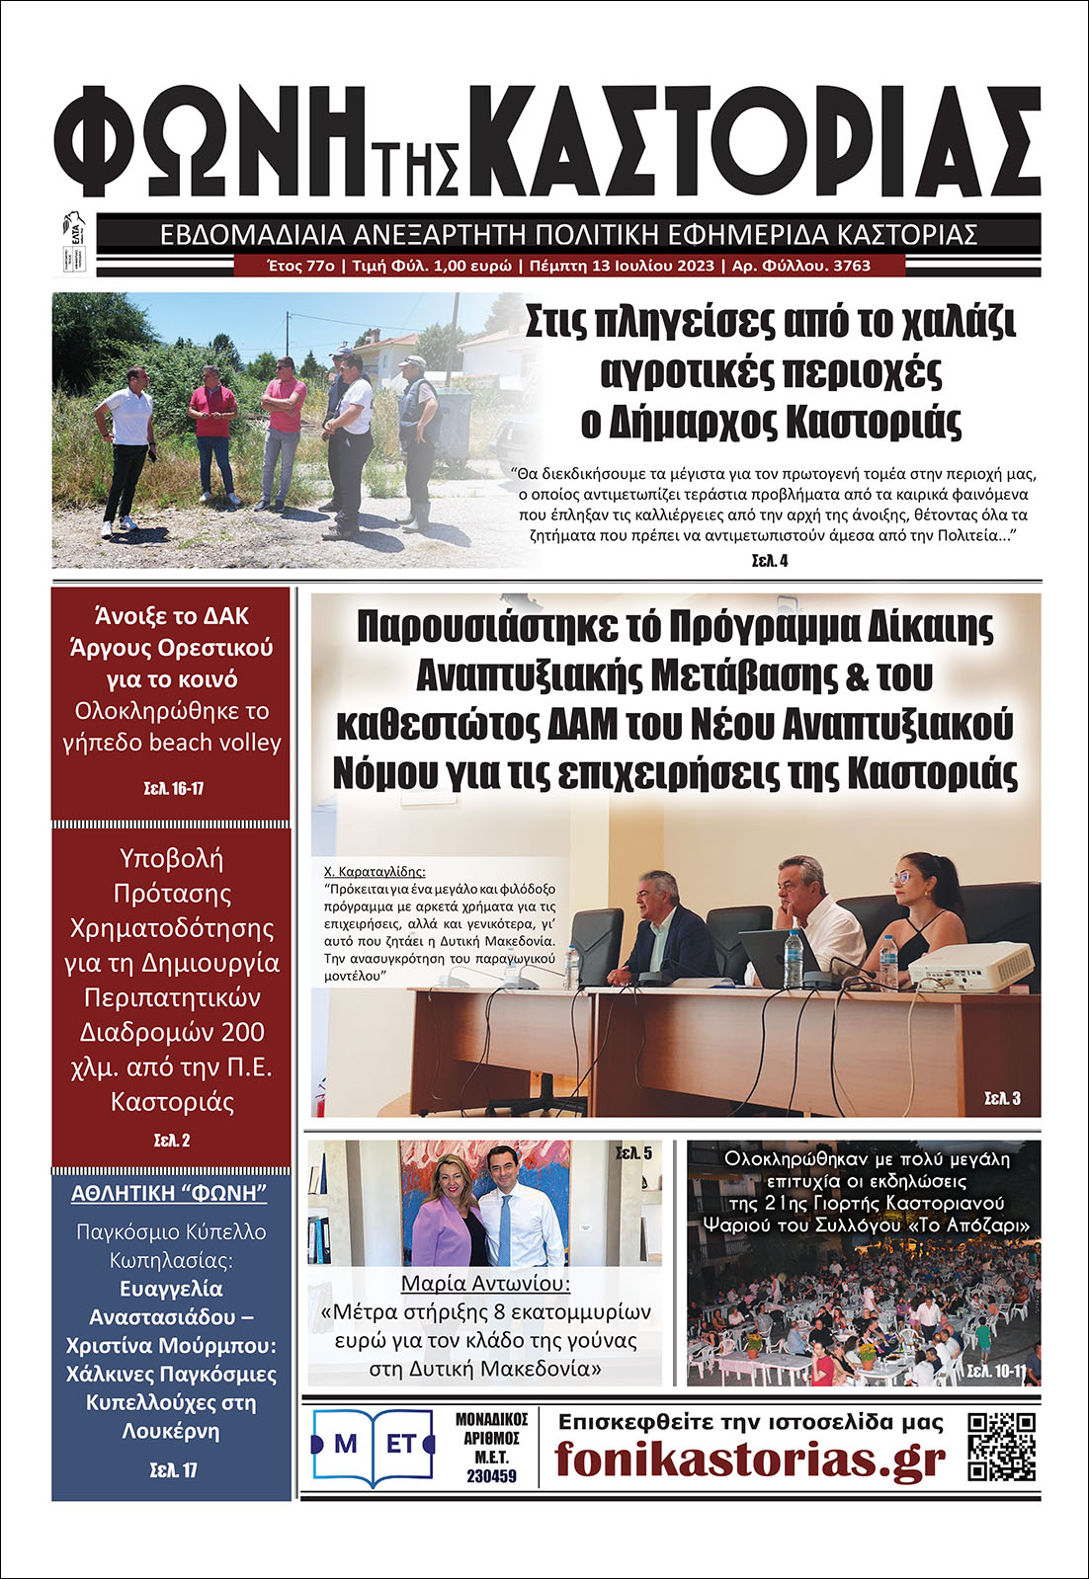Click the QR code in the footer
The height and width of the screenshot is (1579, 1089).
pos(1001,1447)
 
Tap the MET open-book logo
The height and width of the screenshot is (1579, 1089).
pos(374,1447)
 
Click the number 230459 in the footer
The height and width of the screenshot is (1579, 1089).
pos(491,1476)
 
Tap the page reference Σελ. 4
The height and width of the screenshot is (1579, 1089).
pos(769,561)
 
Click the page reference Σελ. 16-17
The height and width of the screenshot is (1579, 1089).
pos(173,788)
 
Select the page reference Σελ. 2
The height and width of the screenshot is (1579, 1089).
pos(172,1140)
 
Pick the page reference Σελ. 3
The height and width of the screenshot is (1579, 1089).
pos(1002,1098)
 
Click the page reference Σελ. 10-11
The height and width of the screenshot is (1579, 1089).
pos(996,1371)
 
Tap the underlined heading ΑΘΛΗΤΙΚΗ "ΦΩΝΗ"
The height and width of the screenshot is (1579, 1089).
pos(169,1193)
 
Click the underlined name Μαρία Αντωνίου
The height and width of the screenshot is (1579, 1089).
pos(485,1284)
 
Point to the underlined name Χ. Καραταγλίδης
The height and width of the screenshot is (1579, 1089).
pos(375,872)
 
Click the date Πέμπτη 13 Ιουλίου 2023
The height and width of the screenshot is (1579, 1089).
pos(622,266)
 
